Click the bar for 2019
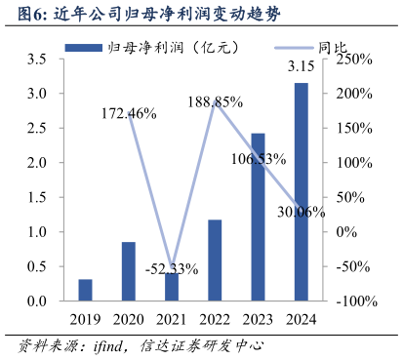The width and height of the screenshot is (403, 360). click(86, 290)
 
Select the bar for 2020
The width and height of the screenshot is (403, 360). click(129, 271)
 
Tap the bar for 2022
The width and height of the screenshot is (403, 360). click(215, 260)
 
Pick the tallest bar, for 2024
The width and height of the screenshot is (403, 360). click(301, 192)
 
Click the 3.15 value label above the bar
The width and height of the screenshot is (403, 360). click(301, 67)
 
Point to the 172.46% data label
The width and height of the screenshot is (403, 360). click(129, 113)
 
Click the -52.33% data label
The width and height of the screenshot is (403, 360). click(172, 268)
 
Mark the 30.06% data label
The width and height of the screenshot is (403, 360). click(301, 211)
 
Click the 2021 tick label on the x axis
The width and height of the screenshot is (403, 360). click(172, 318)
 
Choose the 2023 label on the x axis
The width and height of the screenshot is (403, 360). click(258, 318)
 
